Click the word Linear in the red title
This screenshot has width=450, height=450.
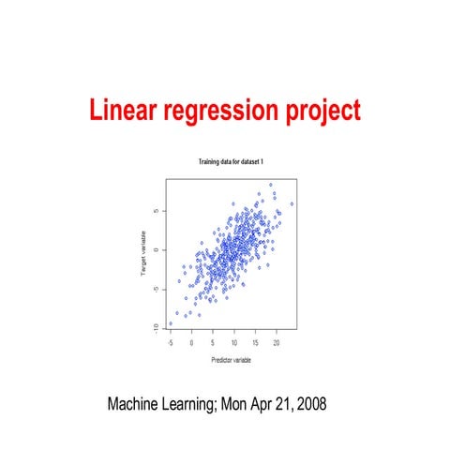click(120, 112)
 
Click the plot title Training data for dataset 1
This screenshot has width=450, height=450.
click(231, 162)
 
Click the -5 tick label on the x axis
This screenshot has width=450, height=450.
click(170, 343)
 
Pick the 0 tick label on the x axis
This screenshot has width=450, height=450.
click(191, 343)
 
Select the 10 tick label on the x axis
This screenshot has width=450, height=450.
click(234, 343)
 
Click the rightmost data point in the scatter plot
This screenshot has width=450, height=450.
click(292, 203)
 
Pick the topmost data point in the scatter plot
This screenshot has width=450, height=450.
click(270, 185)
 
